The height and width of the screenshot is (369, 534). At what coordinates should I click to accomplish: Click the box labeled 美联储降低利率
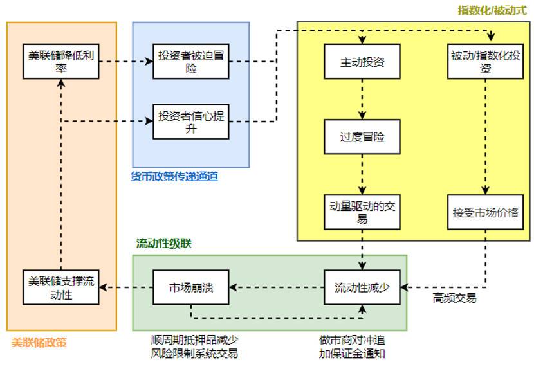[60, 62]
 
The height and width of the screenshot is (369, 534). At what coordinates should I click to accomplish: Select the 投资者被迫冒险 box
[191, 62]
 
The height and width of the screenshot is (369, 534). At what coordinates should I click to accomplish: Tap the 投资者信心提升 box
[191, 122]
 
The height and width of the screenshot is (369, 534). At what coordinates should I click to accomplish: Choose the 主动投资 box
[362, 62]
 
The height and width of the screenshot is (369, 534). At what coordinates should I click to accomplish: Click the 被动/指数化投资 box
[485, 62]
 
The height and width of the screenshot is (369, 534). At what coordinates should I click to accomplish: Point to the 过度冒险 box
[362, 137]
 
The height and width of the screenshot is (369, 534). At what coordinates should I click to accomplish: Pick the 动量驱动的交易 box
[362, 212]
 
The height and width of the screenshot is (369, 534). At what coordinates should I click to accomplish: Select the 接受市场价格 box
[485, 212]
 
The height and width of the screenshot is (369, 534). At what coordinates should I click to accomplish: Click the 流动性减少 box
[362, 287]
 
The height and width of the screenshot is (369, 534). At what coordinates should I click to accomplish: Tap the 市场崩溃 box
[191, 287]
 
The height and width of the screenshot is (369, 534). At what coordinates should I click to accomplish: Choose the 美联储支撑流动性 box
[60, 287]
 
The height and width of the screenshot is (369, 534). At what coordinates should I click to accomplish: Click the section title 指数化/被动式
[492, 10]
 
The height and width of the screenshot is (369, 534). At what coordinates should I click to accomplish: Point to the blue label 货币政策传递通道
[174, 176]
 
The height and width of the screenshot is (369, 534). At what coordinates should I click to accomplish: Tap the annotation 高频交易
[454, 300]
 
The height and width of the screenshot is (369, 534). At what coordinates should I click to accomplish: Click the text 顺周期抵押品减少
[194, 340]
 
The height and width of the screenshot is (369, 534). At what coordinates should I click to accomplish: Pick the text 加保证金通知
[352, 354]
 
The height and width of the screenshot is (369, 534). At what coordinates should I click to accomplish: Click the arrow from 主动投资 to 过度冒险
[362, 99]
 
